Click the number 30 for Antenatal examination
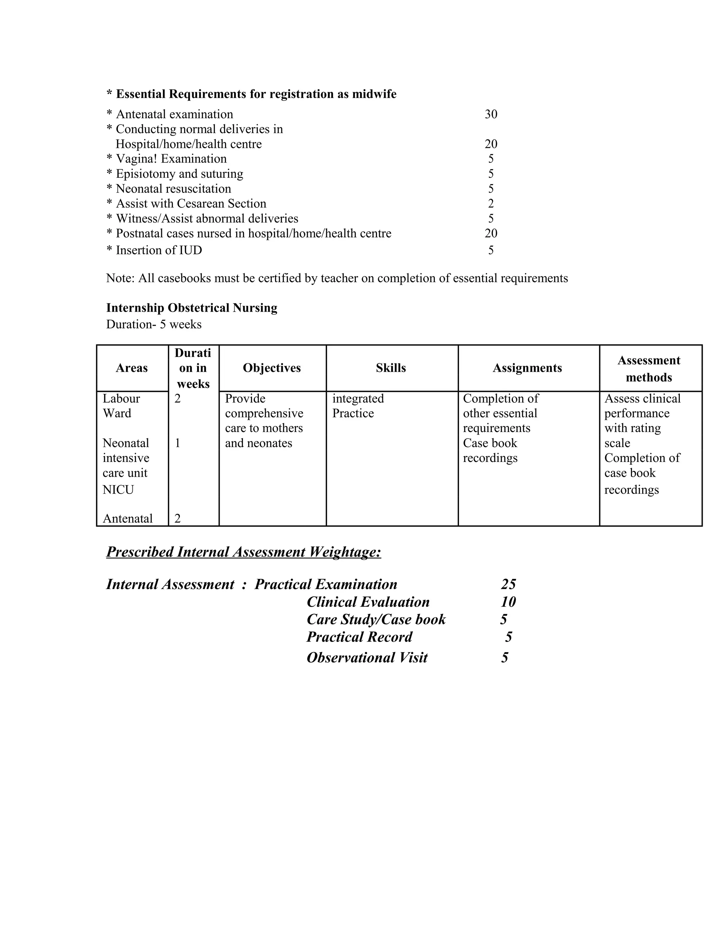point(491,114)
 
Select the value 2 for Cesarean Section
point(491,203)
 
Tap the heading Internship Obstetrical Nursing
point(192,308)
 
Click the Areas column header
point(132,368)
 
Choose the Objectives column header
point(272,368)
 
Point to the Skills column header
point(391,368)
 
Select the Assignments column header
point(527,368)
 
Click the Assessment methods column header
point(648,369)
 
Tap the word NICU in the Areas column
point(118,490)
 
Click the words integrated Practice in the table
point(358,406)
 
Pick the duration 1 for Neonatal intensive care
point(178,443)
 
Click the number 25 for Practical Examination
point(508,584)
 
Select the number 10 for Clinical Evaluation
point(508,602)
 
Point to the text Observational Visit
point(367,657)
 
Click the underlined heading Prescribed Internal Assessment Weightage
point(244,552)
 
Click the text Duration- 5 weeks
point(154,324)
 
